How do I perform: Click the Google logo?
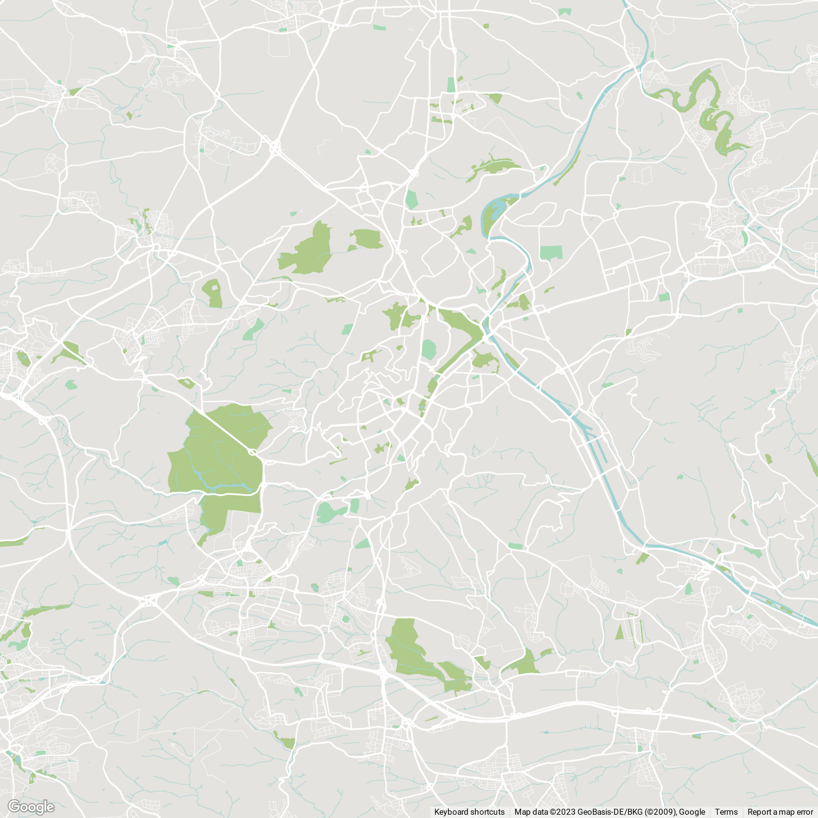coord(30,807)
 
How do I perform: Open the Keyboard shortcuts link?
coord(469,812)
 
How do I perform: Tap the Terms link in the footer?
coord(726,812)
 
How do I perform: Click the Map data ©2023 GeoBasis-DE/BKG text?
coord(610,812)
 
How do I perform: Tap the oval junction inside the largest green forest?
coord(253,452)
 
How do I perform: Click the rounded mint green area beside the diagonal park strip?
coord(429,350)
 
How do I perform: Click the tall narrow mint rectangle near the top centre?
coord(451,85)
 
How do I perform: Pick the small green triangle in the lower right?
coord(619,633)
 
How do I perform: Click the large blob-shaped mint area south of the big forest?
coord(328,512)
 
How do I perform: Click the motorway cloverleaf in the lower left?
coord(148,600)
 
